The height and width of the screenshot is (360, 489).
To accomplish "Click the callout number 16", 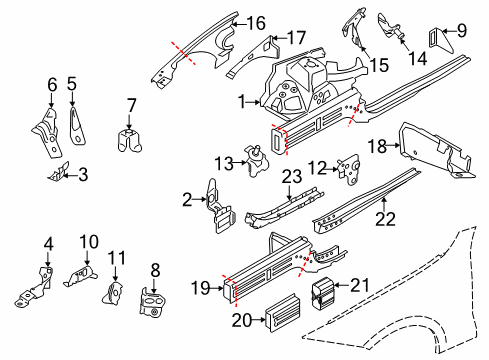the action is coord(256,23).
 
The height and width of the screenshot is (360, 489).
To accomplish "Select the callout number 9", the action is coord(462,31).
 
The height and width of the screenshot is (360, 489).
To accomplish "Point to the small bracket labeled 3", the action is coord(59,172).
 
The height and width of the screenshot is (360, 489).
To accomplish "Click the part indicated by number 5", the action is coord(77,126).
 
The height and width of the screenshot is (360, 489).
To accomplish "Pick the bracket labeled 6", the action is coord(48,132).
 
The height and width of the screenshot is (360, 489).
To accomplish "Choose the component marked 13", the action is coord(257,161).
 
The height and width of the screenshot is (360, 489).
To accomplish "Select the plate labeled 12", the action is coord(348,170).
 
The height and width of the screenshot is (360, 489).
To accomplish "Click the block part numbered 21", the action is coord(322,292).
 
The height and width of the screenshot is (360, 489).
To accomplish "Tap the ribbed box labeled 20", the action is coord(282,313).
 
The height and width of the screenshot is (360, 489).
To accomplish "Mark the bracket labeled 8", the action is coord(152,302).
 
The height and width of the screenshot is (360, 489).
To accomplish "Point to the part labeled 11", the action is coord(113,293).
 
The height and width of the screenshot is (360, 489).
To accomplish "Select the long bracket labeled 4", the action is coord(35,287).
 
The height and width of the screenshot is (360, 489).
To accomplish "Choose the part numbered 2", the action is coord(220,207).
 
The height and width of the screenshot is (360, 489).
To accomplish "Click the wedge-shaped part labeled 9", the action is coord(440,42).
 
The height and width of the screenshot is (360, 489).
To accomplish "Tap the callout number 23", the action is coord(292,177).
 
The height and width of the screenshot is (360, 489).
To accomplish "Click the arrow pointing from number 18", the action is coord(394,145).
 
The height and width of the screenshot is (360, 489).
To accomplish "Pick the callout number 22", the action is coord(385,219).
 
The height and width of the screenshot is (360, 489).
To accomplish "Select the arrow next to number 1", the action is coord(253,102).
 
